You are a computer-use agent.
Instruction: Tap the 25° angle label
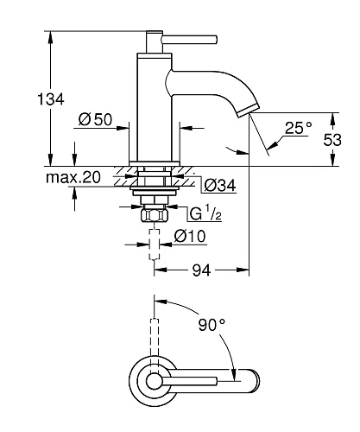(297, 129)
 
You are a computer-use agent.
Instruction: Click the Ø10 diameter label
(189, 236)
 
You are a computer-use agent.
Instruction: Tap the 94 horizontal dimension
(201, 270)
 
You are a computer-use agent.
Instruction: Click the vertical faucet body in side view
(153, 104)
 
